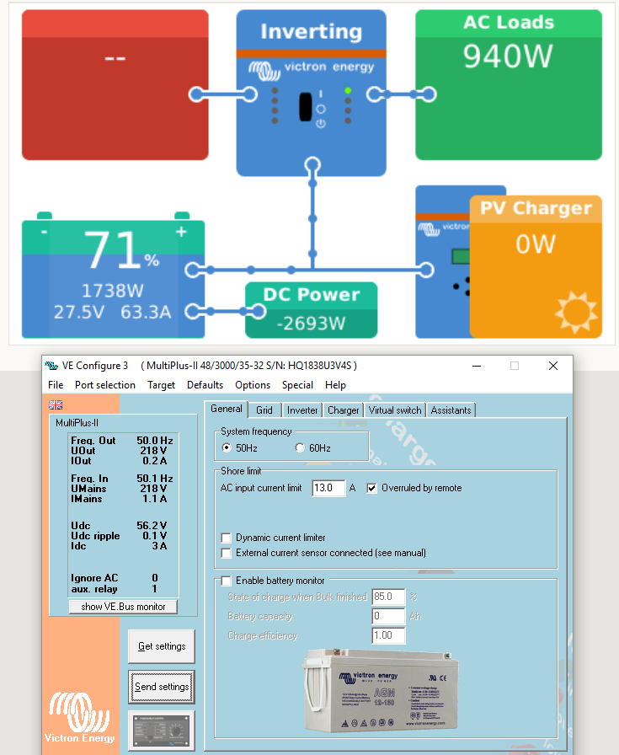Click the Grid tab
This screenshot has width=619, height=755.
pyautogui.click(x=264, y=410)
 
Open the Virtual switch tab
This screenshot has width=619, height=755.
pyautogui.click(x=395, y=410)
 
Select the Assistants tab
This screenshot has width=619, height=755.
pyautogui.click(x=451, y=410)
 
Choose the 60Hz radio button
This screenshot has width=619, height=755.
pyautogui.click(x=300, y=448)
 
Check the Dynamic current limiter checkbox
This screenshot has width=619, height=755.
pyautogui.click(x=226, y=538)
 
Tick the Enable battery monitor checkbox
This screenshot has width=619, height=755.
pyautogui.click(x=226, y=581)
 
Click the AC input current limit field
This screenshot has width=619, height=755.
pyautogui.click(x=328, y=488)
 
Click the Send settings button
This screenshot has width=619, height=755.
pyautogui.click(x=162, y=687)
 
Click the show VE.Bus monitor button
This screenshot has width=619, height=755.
pyautogui.click(x=123, y=607)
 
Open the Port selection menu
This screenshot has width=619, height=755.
pyautogui.click(x=104, y=385)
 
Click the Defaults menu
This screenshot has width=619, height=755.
pyautogui.click(x=205, y=385)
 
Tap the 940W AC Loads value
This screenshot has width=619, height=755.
pyautogui.click(x=508, y=56)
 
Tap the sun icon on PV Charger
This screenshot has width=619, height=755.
pyautogui.click(x=577, y=313)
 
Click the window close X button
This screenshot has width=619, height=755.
pyautogui.click(x=553, y=366)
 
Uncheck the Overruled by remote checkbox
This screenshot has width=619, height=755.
pyautogui.click(x=372, y=488)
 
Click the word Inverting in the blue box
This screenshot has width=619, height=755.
pyautogui.click(x=311, y=32)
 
